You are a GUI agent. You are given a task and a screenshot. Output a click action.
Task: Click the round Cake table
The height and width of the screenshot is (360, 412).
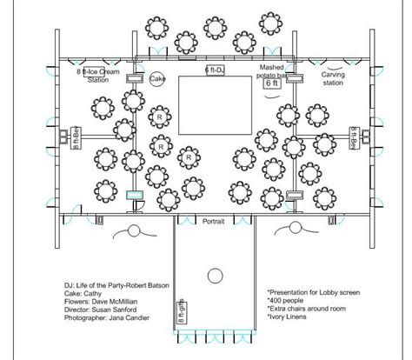[x=157, y=79]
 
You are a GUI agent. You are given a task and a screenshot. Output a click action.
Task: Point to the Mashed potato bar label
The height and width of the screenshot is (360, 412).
[x=279, y=71]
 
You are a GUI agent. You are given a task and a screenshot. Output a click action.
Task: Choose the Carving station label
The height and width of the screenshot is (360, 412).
[x=333, y=80]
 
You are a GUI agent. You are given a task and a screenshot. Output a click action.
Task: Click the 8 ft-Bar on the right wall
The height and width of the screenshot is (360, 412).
[x=354, y=137]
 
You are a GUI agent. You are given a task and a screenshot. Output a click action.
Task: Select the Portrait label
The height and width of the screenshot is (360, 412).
[x=213, y=223]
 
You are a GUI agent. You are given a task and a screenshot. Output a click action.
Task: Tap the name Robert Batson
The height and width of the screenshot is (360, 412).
[x=145, y=285]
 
